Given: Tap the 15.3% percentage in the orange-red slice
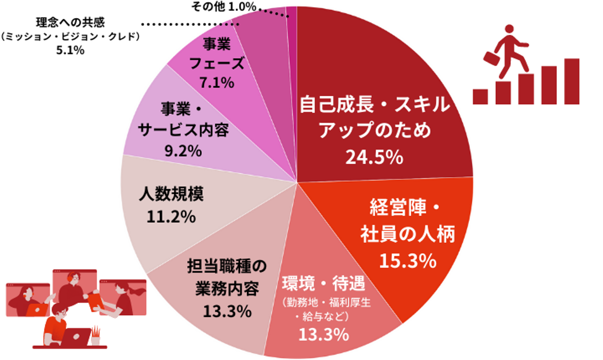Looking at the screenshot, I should (x=407, y=261).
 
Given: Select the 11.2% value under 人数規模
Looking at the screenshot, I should (x=171, y=216).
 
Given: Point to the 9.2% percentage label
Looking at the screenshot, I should (x=183, y=150).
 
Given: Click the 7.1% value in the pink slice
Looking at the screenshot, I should (x=216, y=82).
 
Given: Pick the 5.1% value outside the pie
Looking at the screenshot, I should (x=70, y=50).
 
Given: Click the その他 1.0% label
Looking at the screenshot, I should (x=224, y=6).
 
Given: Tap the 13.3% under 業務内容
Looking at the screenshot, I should (x=227, y=311).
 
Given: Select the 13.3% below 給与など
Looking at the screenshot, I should (x=323, y=334).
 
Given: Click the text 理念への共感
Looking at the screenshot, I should (x=70, y=22).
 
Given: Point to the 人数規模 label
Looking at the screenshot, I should (x=171, y=194).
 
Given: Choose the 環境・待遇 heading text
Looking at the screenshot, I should (x=323, y=284).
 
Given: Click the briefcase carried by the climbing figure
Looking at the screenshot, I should (x=492, y=57).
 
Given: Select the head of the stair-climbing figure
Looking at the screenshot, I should (x=509, y=30).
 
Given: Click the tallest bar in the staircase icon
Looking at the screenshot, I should (x=572, y=81).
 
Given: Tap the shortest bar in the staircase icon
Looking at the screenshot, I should (x=480, y=96).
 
